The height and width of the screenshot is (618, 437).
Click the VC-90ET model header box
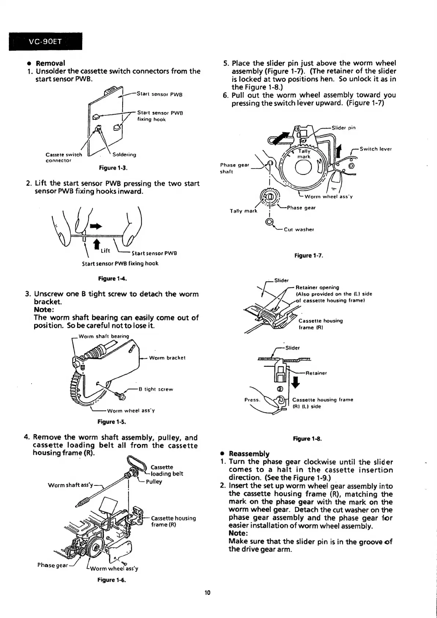(45, 41)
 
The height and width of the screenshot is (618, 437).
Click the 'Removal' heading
(50, 63)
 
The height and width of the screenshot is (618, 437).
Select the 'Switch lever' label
(376, 149)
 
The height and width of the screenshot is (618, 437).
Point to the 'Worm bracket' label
(167, 358)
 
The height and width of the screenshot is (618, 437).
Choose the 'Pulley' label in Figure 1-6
(154, 481)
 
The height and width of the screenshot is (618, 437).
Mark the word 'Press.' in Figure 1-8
(252, 400)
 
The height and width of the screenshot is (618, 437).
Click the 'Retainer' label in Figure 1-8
(316, 373)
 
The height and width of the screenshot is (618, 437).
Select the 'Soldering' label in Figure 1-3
(124, 155)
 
